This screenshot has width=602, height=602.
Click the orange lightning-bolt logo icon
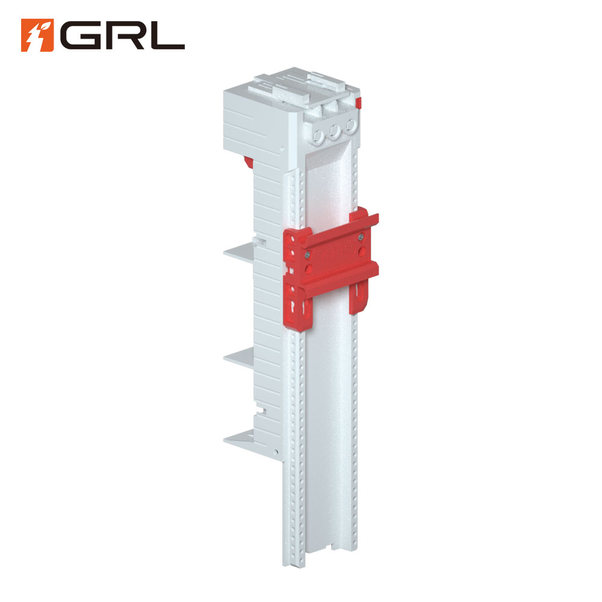click(x=37, y=35)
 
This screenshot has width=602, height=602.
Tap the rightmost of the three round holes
click(x=350, y=126)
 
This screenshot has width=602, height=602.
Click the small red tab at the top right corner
click(x=358, y=103)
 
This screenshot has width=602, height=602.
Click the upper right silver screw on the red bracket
click(x=361, y=238)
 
